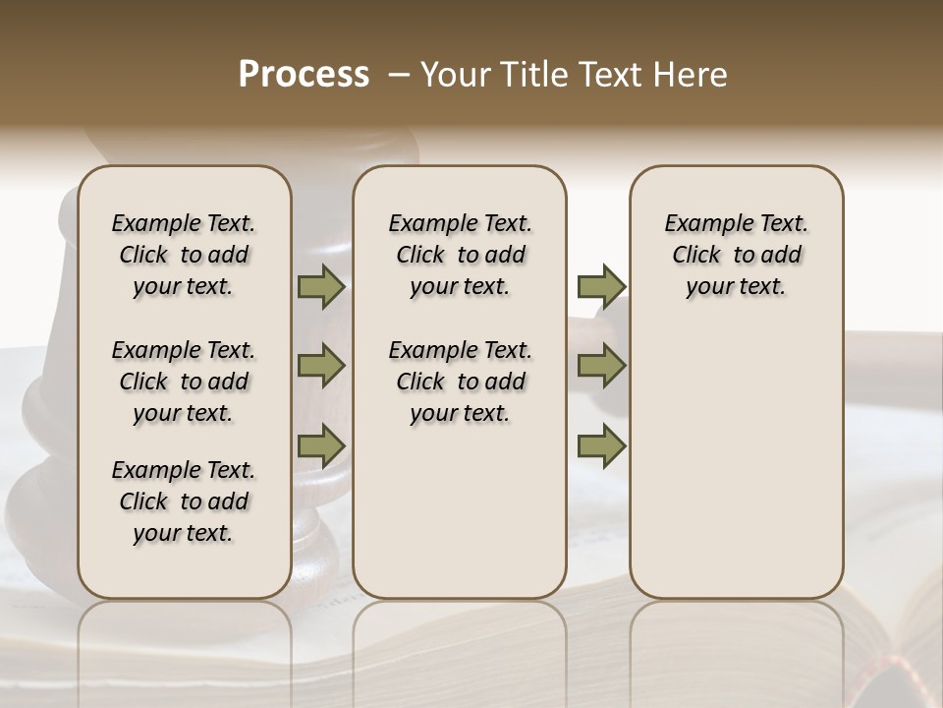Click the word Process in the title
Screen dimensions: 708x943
[304, 75]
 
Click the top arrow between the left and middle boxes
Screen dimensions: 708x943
[320, 287]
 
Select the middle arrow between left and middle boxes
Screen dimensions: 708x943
[320, 366]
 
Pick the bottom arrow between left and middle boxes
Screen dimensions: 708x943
[320, 445]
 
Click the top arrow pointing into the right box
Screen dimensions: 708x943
[601, 287]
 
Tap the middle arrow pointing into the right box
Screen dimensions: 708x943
[601, 366]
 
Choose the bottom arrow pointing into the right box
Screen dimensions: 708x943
[601, 445]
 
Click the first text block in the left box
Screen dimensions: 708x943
[184, 255]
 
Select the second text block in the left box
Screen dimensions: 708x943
[184, 382]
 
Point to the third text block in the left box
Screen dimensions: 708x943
[184, 501]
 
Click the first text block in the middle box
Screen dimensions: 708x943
[460, 255]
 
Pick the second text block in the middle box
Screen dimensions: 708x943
[460, 382]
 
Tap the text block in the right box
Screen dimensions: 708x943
[736, 255]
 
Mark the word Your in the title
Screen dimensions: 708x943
[456, 75]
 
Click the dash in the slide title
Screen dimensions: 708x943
[399, 75]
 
